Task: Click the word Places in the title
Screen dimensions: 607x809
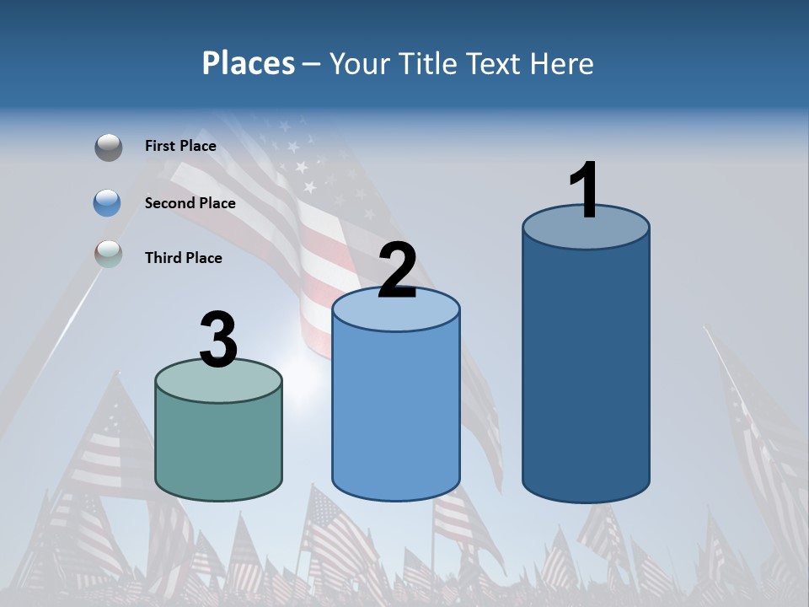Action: coord(249,63)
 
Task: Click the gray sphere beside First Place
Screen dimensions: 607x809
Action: coord(108,147)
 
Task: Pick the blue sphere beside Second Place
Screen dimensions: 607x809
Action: coord(108,202)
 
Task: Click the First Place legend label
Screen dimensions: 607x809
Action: coord(180,146)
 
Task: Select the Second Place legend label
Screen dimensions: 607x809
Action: coord(190,202)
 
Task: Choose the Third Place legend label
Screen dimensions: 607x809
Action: coord(183,258)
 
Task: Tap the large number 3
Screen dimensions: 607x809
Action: coord(218,340)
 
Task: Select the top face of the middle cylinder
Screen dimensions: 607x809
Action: coord(396,310)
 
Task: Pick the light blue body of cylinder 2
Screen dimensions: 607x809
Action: coord(396,413)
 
